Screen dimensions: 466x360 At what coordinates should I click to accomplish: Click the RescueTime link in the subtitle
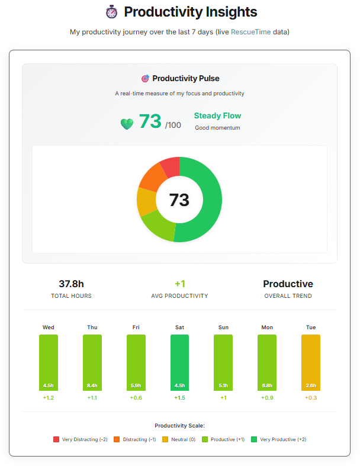pyautogui.click(x=250, y=32)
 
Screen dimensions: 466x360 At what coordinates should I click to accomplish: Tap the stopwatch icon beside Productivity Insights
pyautogui.click(x=111, y=12)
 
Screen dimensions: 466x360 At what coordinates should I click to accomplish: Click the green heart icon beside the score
pyautogui.click(x=127, y=124)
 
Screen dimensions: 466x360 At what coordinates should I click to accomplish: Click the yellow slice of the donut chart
pyautogui.click(x=146, y=201)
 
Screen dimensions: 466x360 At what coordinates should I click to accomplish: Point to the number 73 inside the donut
pyautogui.click(x=179, y=200)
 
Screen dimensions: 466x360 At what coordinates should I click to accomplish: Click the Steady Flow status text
pyautogui.click(x=217, y=115)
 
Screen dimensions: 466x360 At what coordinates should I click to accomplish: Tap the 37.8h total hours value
pyautogui.click(x=71, y=284)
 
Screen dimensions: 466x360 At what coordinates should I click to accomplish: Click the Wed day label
pyautogui.click(x=49, y=327)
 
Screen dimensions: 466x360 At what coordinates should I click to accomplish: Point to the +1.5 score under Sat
pyautogui.click(x=179, y=398)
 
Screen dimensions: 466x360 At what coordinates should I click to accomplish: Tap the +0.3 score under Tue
pyautogui.click(x=310, y=398)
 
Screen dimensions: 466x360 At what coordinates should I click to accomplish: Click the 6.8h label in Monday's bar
pyautogui.click(x=266, y=385)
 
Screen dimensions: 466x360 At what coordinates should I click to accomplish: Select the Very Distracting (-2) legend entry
pyautogui.click(x=81, y=439)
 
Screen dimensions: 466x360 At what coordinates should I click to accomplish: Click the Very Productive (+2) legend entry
pyautogui.click(x=278, y=439)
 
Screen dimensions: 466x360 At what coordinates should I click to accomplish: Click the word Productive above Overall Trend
pyautogui.click(x=288, y=284)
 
